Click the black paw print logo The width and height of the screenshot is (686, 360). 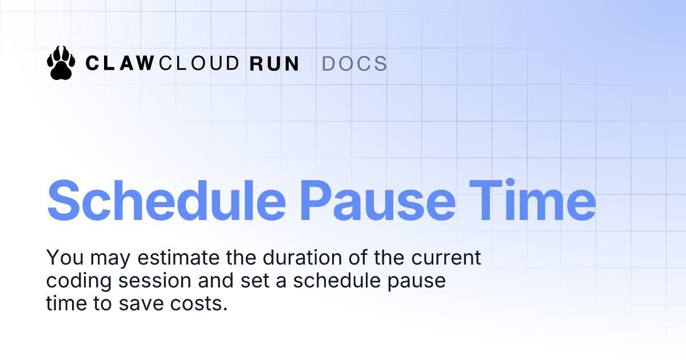point(61,62)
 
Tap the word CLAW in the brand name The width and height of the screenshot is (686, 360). point(119,63)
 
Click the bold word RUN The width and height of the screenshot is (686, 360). point(275,63)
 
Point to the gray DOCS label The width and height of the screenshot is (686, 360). point(354,63)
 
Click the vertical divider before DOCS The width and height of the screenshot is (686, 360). point(310,63)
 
